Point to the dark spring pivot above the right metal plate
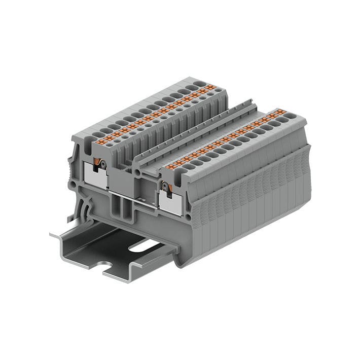coord(164,187)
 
